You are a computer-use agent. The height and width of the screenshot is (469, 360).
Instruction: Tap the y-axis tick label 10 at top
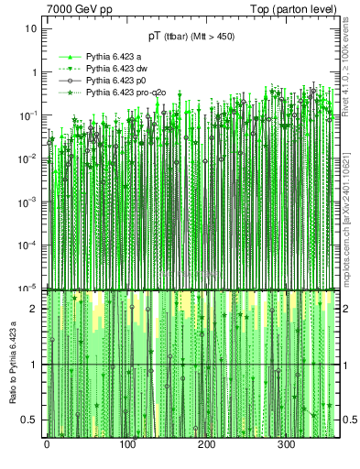(x=30, y=28)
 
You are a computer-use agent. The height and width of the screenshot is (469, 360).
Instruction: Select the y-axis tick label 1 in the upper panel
(x=34, y=72)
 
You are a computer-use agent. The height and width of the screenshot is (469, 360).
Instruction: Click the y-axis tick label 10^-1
(x=28, y=115)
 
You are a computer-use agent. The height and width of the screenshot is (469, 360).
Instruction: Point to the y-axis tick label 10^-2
(x=28, y=158)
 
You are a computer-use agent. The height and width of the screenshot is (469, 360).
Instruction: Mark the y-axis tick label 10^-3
(x=28, y=202)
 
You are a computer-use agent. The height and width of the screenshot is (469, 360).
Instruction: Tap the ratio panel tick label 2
(x=34, y=309)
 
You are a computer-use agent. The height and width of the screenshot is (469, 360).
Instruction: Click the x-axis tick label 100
(x=126, y=445)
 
